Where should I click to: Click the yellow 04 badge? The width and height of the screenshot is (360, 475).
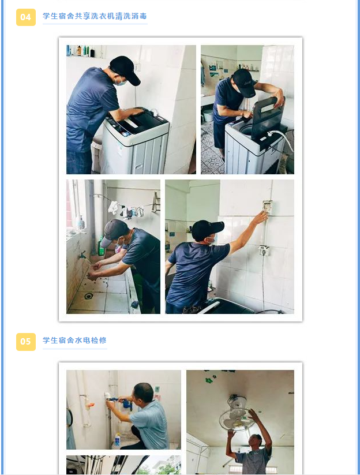(x=26, y=17)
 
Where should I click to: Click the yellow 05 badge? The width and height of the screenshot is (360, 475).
(x=26, y=342)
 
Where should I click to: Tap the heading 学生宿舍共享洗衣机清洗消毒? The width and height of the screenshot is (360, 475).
(x=95, y=16)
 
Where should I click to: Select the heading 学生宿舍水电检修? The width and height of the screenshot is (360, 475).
(x=74, y=340)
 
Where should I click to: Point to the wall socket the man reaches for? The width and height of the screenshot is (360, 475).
(x=267, y=205)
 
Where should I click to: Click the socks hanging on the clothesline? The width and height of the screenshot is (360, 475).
(x=126, y=210)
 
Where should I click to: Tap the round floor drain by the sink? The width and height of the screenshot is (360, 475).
(x=89, y=296)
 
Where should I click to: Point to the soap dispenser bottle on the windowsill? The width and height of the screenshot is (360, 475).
(x=80, y=223)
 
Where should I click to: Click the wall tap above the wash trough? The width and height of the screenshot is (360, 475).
(x=82, y=255)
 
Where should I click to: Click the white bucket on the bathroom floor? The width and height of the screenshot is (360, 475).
(x=208, y=115)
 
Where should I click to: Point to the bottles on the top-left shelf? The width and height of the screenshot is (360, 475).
(x=81, y=51)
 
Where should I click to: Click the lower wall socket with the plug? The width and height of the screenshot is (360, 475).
(x=264, y=250)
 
